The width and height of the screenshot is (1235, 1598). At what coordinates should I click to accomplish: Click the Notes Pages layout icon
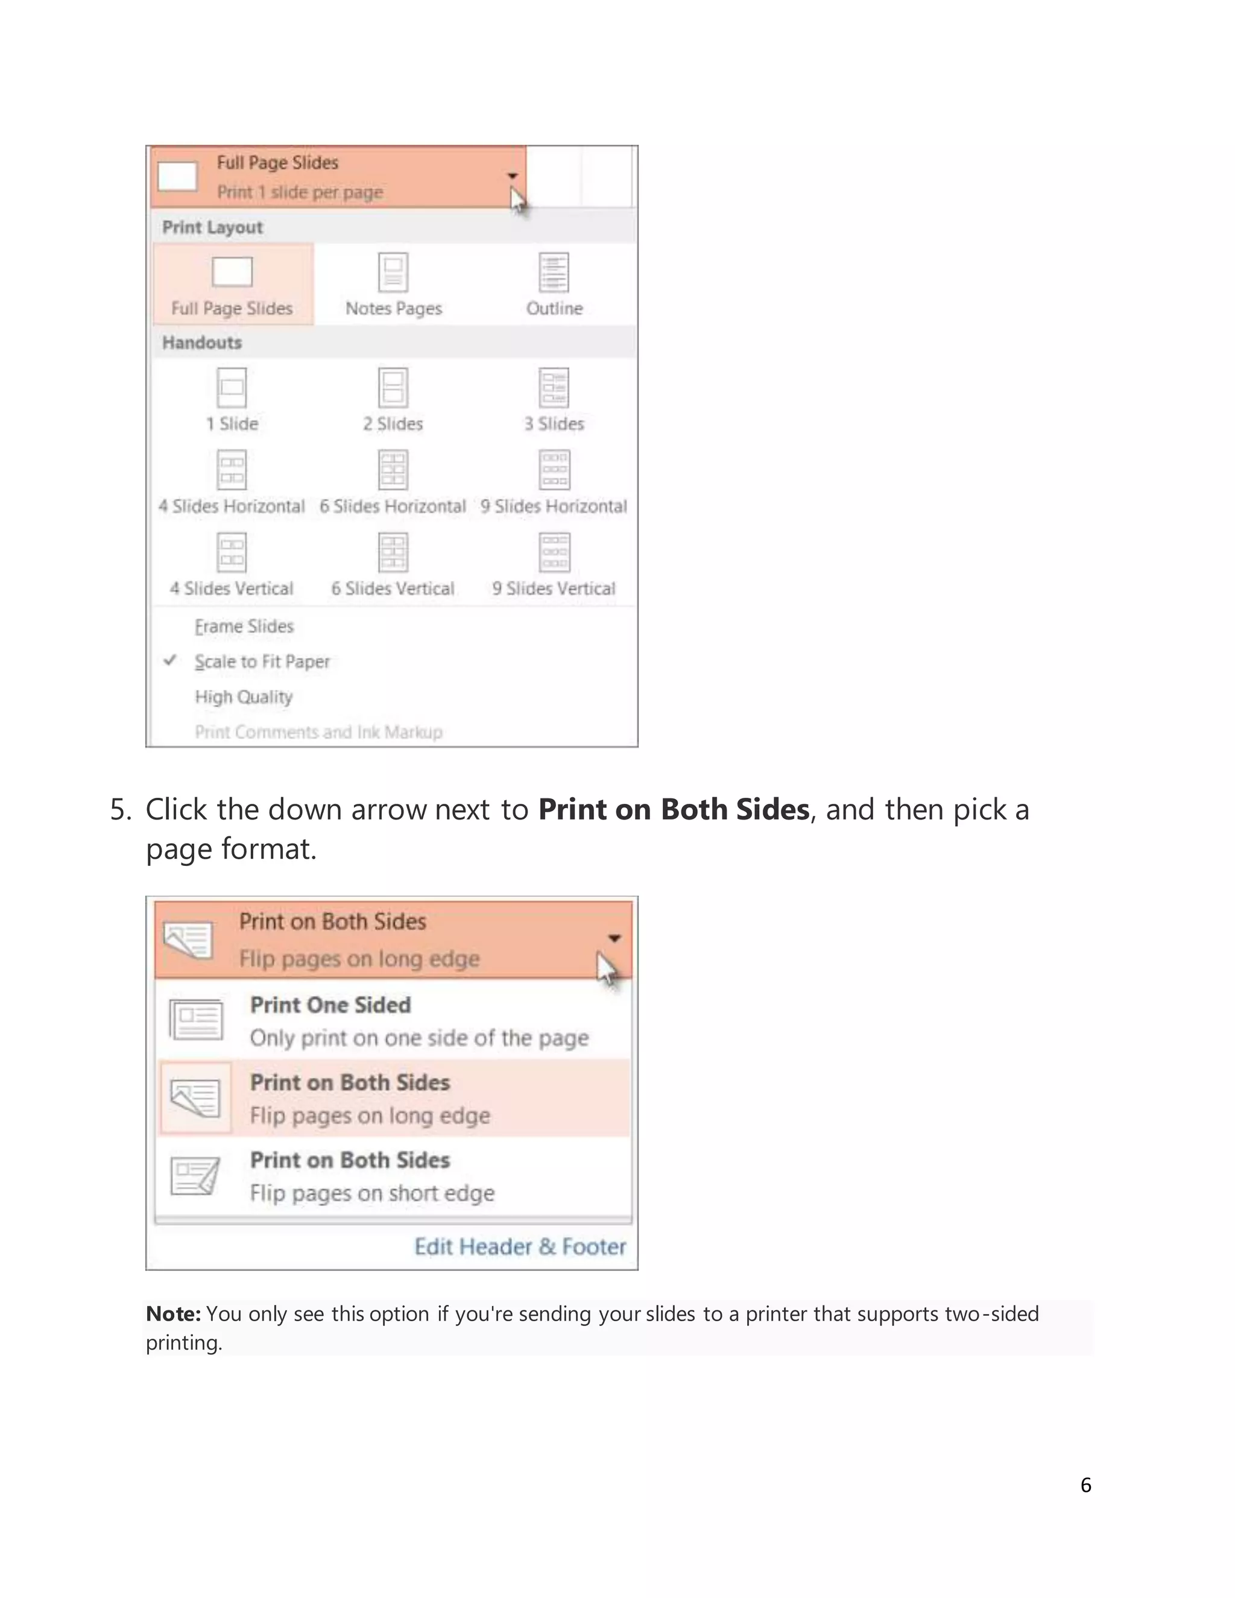point(393,272)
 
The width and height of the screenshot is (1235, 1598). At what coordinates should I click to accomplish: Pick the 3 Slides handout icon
point(554,387)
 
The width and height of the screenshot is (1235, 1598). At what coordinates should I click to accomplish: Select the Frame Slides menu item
point(244,627)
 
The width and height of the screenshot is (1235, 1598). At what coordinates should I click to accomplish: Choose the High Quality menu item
point(244,696)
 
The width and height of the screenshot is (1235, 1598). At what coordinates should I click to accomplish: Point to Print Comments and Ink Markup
point(318,731)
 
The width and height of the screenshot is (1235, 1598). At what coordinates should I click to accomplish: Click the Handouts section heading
point(202,343)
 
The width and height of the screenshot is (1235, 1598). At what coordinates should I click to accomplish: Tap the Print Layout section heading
point(212,227)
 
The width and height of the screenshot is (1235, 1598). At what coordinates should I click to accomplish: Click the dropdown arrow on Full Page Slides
point(512,175)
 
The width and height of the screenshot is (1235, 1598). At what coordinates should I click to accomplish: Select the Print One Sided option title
point(330,1005)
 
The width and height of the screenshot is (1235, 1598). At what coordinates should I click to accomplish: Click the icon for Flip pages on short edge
point(195,1176)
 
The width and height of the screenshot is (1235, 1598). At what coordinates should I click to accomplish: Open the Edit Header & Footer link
point(520,1246)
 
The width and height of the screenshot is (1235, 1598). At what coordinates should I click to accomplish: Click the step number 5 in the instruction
point(119,810)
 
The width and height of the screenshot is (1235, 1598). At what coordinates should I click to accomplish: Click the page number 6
point(1085,1485)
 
